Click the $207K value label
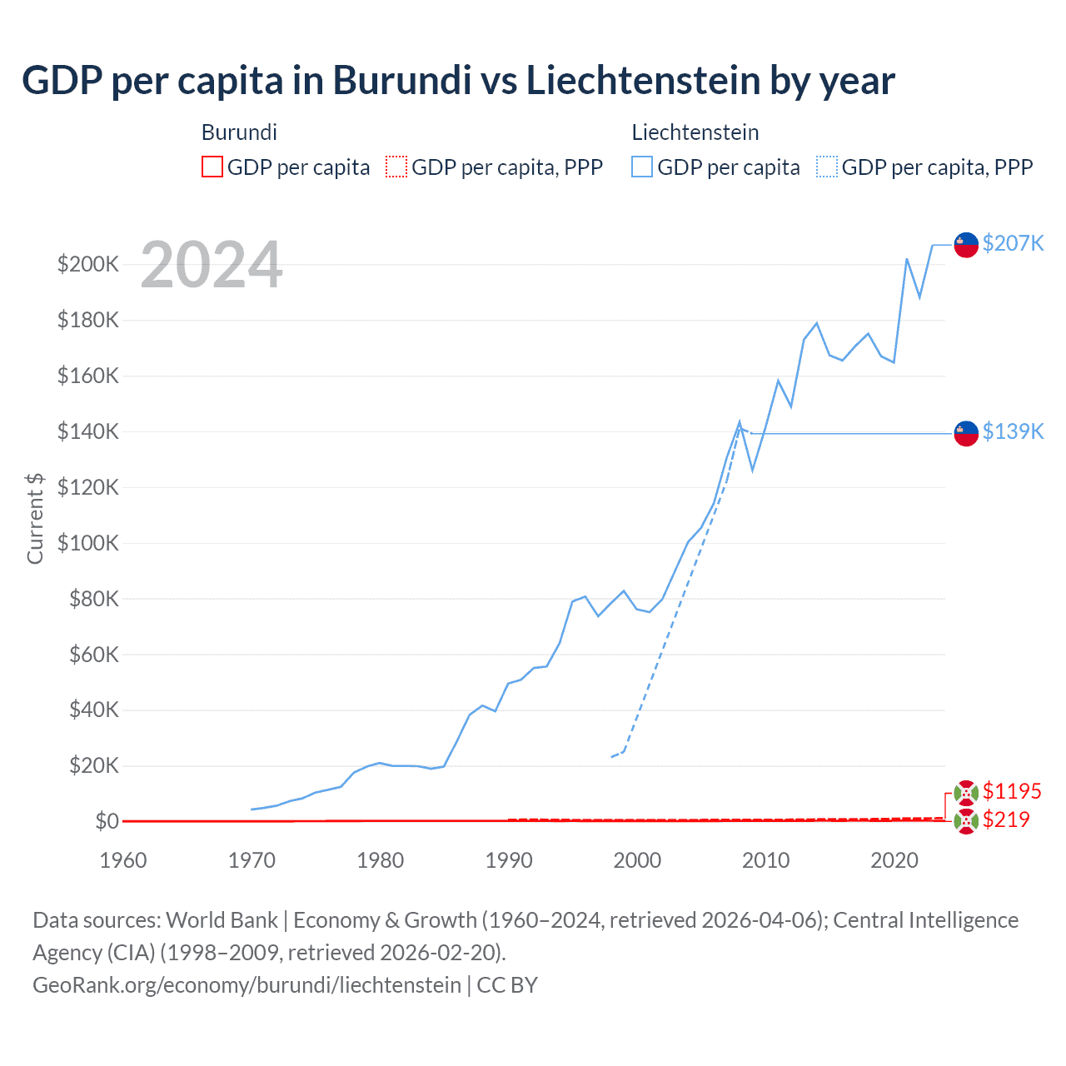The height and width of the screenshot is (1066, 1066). (x=1013, y=243)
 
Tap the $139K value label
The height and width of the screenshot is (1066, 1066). (x=1013, y=431)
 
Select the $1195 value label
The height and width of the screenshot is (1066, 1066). (x=1012, y=791)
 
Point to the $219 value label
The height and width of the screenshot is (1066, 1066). (x=1006, y=819)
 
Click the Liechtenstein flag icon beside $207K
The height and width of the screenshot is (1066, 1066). (x=966, y=245)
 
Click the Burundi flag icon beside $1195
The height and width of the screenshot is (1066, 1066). (x=966, y=793)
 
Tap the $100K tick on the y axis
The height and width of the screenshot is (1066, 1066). (x=88, y=543)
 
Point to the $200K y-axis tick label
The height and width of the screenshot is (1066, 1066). (x=88, y=265)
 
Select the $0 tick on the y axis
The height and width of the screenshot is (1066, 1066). (x=107, y=821)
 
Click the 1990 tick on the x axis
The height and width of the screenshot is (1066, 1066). (x=509, y=860)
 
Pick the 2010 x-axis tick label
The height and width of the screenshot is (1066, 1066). (x=765, y=860)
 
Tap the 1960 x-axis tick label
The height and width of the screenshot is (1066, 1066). (x=123, y=860)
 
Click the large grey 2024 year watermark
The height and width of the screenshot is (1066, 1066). (x=212, y=265)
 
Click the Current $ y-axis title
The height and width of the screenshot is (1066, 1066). (x=35, y=518)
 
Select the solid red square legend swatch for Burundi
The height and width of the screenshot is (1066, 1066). (x=212, y=167)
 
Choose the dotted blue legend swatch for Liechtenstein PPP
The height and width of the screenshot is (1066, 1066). (x=827, y=167)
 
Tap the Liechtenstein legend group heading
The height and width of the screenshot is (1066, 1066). (x=695, y=132)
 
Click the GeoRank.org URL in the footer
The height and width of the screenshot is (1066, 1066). (x=247, y=985)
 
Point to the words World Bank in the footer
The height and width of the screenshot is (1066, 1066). (x=222, y=920)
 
